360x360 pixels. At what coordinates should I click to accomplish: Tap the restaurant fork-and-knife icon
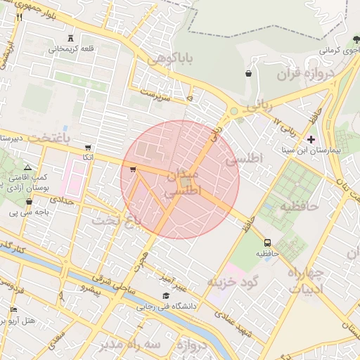pyautogui.click(x=20, y=18)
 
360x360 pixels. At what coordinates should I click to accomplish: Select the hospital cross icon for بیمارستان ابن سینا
pyautogui.click(x=311, y=139)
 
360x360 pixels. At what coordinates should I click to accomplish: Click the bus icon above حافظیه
pyautogui.click(x=266, y=242)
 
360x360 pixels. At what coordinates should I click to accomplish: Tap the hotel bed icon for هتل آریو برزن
pyautogui.click(x=13, y=310)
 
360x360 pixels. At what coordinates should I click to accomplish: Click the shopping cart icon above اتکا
pyautogui.click(x=87, y=148)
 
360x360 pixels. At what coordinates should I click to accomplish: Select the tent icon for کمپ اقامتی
pyautogui.click(x=27, y=167)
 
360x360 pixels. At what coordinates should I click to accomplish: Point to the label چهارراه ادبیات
pyautogui.click(x=304, y=280)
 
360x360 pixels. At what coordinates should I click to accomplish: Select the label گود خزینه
pyautogui.click(x=233, y=281)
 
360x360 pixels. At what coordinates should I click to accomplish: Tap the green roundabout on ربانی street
pyautogui.click(x=233, y=111)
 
